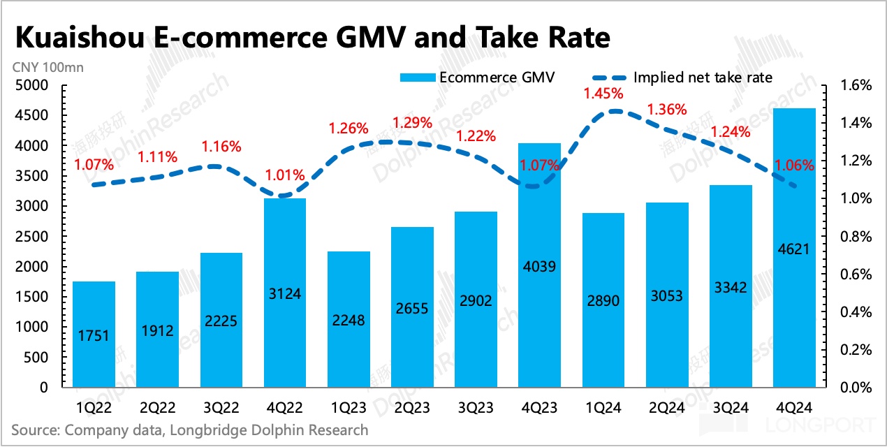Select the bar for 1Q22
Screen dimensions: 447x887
(94, 335)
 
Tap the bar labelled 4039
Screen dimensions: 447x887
(540, 279)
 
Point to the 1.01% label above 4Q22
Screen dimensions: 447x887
(285, 175)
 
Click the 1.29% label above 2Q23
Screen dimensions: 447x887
(412, 123)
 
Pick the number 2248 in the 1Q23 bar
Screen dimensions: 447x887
(349, 321)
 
